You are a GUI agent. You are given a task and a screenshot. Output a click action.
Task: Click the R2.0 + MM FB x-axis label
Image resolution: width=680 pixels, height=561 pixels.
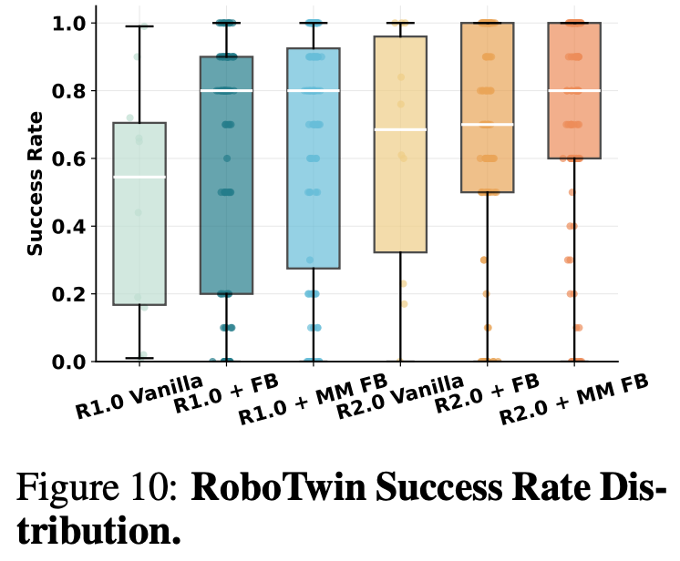(x=573, y=401)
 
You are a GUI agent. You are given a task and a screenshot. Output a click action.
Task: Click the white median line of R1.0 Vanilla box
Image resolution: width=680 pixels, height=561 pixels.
(x=139, y=177)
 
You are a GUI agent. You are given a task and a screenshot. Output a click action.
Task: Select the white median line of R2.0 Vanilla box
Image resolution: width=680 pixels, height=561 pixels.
(x=400, y=129)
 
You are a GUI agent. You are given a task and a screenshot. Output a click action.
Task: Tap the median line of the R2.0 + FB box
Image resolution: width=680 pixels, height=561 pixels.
(x=488, y=125)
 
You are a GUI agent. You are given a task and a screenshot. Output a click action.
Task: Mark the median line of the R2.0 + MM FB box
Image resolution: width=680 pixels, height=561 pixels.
(x=574, y=91)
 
